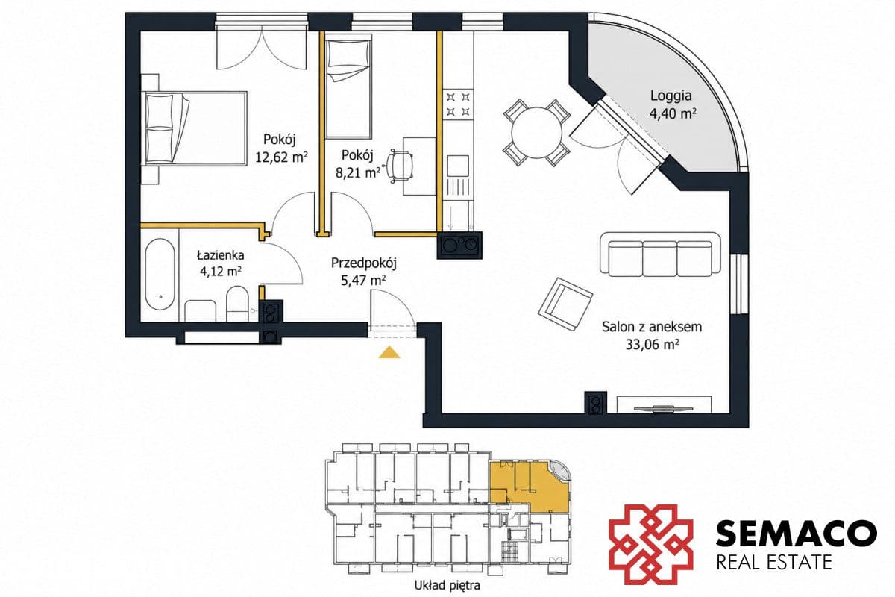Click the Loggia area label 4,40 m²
tap(673, 114)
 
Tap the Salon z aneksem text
tap(652, 327)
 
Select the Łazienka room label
tap(221, 254)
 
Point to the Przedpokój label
tap(364, 263)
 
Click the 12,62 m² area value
tap(281, 157)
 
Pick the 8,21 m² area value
tap(357, 172)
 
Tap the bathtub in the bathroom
tap(160, 275)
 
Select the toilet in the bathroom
tap(237, 304)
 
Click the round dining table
tap(536, 132)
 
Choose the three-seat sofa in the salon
tap(660, 254)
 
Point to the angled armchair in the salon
tap(565, 304)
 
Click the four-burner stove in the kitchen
tap(458, 103)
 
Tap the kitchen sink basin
tap(457, 166)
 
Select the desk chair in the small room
tap(399, 166)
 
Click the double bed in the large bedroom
tap(195, 128)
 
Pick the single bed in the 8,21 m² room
tap(349, 87)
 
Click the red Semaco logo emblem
tap(651, 544)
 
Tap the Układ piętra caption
tap(447, 585)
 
